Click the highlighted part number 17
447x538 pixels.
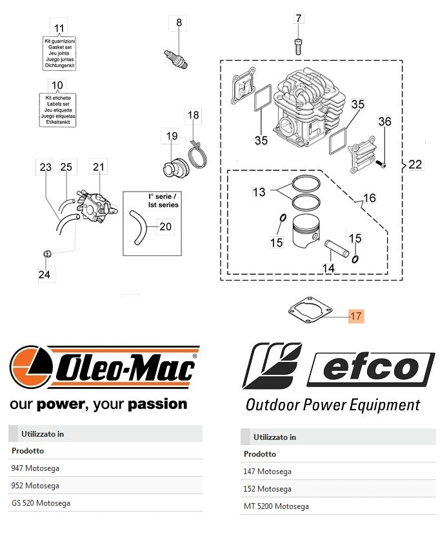356,316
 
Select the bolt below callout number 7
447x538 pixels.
298,46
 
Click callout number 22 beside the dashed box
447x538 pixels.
415,164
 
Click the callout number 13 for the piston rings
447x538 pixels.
259,192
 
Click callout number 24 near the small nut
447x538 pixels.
44,275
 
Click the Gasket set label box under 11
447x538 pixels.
59,53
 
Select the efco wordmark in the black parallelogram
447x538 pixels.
370,369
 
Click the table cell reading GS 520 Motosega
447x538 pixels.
41,503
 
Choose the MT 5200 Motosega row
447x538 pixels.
276,506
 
